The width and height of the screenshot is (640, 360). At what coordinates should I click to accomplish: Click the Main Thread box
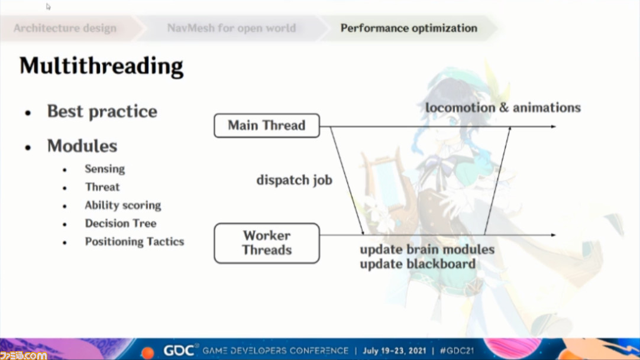[x=267, y=125]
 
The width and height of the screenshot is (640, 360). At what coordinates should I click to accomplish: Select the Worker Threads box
[x=267, y=243]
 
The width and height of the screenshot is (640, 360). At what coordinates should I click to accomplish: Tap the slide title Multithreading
[x=101, y=66]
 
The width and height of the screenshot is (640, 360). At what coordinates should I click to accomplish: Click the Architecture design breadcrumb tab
[x=65, y=28]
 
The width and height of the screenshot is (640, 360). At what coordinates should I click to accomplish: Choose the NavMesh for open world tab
[x=231, y=28]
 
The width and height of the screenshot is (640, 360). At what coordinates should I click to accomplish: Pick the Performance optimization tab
[x=409, y=28]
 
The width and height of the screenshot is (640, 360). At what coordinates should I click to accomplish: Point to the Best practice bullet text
[x=102, y=111]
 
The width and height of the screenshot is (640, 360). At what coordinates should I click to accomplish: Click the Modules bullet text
[x=82, y=146]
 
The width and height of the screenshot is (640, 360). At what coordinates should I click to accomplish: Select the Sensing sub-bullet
[x=105, y=169]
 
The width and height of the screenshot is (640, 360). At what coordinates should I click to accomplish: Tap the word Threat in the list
[x=102, y=187]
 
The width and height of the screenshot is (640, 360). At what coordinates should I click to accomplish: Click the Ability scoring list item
[x=123, y=205]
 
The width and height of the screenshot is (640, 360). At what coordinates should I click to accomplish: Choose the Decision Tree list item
[x=121, y=223]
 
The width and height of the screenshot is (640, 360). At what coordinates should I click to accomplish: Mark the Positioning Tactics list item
[x=134, y=242]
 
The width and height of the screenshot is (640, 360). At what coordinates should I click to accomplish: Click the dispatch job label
[x=295, y=180]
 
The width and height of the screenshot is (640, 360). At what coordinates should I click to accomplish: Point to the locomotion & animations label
[x=503, y=108]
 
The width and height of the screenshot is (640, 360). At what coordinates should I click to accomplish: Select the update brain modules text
[x=427, y=249]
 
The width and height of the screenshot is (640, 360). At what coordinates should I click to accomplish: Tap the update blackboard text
[x=418, y=264]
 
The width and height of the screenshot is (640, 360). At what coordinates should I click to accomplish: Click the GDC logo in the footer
[x=179, y=351]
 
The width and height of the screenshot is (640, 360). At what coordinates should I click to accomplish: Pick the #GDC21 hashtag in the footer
[x=457, y=351]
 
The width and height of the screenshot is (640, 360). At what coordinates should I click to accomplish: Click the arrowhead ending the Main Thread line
[x=554, y=127]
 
